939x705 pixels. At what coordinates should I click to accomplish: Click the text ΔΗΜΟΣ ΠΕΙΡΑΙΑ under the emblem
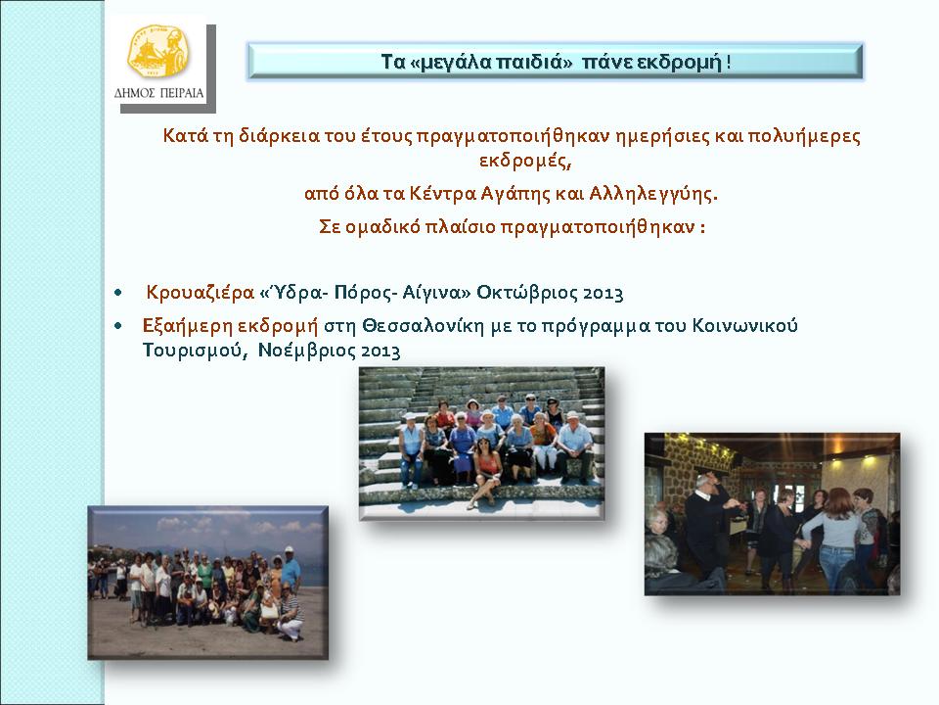pyautogui.click(x=158, y=93)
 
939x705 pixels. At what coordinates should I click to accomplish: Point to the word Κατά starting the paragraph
pyautogui.click(x=186, y=135)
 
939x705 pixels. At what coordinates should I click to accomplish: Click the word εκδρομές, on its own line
pyautogui.click(x=524, y=161)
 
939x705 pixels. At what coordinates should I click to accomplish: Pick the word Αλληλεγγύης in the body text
pyautogui.click(x=653, y=194)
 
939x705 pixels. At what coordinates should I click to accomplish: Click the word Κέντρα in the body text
pyautogui.click(x=443, y=194)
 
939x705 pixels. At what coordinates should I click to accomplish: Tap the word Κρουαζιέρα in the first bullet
pyautogui.click(x=201, y=293)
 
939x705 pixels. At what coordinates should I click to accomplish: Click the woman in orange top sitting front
pyautogui.click(x=485, y=474)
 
